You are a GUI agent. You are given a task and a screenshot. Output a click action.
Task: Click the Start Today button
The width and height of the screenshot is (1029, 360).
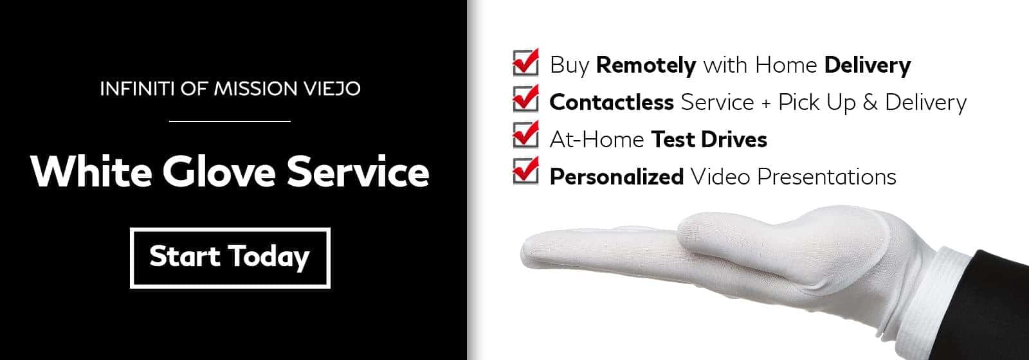[x=230, y=258]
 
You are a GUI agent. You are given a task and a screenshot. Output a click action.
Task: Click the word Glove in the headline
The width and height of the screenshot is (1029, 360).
[x=219, y=172]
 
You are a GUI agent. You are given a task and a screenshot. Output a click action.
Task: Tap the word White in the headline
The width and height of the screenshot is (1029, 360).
[x=91, y=171]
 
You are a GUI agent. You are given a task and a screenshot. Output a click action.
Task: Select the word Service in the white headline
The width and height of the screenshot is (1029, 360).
[x=358, y=172]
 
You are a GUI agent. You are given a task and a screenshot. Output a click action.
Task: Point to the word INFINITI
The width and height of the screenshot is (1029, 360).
[x=138, y=89]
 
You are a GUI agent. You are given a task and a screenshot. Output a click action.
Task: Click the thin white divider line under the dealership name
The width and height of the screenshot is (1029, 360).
[x=230, y=122]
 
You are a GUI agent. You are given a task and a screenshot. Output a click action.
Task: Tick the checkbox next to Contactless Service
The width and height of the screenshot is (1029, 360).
[x=525, y=99]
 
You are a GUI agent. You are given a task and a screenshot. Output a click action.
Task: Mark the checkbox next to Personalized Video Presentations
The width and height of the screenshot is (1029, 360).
[x=525, y=171]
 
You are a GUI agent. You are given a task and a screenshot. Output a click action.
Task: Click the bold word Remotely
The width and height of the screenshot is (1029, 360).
[x=646, y=65]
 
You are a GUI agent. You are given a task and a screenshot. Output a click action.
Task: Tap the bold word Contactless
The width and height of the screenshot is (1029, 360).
[x=612, y=102]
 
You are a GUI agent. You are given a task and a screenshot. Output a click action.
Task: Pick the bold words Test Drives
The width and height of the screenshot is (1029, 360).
[x=709, y=139]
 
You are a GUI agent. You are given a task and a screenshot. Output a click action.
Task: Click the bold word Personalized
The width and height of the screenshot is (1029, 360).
[x=617, y=177]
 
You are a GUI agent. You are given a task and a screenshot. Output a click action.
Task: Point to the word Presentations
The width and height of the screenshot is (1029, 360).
[x=826, y=176]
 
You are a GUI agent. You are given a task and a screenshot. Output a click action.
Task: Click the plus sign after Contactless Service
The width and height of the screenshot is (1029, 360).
[x=766, y=104]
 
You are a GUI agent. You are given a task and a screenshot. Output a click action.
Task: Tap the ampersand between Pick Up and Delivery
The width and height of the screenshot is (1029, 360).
[x=870, y=102]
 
